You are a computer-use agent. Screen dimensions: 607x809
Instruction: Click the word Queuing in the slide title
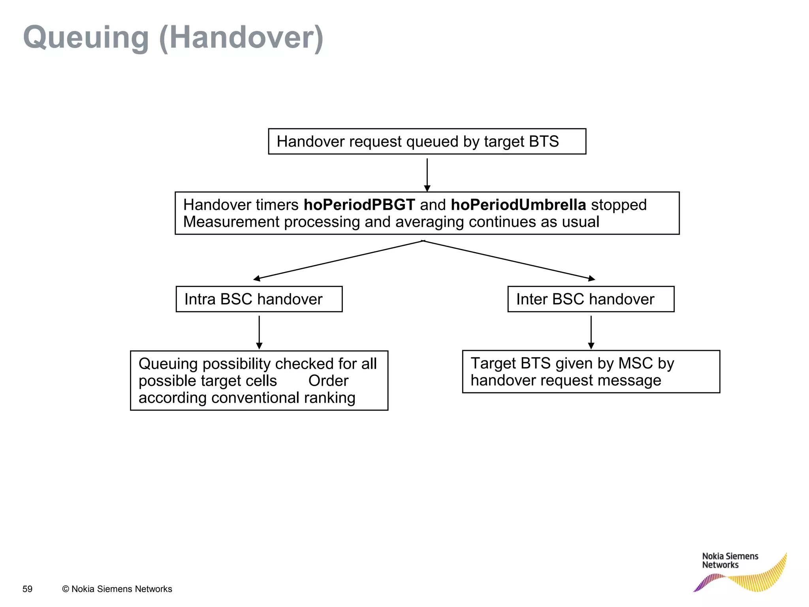(x=86, y=38)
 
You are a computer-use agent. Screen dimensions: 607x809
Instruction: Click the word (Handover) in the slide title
(x=241, y=38)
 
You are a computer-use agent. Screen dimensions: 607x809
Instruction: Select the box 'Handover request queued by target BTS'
(x=427, y=141)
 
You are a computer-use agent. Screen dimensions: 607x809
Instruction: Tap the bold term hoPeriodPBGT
(x=359, y=205)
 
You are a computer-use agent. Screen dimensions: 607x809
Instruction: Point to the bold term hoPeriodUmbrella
(x=518, y=205)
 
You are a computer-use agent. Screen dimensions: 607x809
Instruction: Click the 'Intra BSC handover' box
(x=259, y=299)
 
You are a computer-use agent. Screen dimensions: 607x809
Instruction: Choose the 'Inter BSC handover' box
(x=591, y=299)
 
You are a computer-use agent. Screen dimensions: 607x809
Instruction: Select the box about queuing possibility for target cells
(x=259, y=381)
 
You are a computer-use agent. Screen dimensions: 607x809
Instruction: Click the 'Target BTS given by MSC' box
(x=591, y=372)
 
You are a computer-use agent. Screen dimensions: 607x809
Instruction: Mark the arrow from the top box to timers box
(x=427, y=174)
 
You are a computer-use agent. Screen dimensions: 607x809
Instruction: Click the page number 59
(x=27, y=589)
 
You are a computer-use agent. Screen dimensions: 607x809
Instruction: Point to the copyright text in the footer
(x=117, y=589)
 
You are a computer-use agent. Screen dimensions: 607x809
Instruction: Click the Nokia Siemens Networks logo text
(x=730, y=561)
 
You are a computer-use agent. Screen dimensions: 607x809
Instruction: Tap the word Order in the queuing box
(x=328, y=381)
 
